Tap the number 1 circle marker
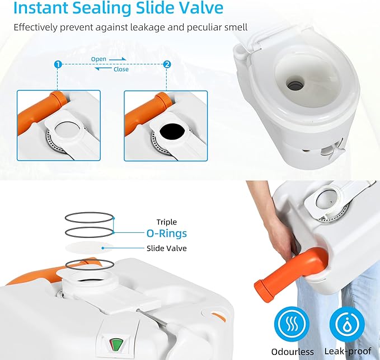point(57,65)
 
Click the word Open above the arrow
point(98,58)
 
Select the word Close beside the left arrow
point(120,69)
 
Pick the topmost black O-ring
point(90,216)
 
